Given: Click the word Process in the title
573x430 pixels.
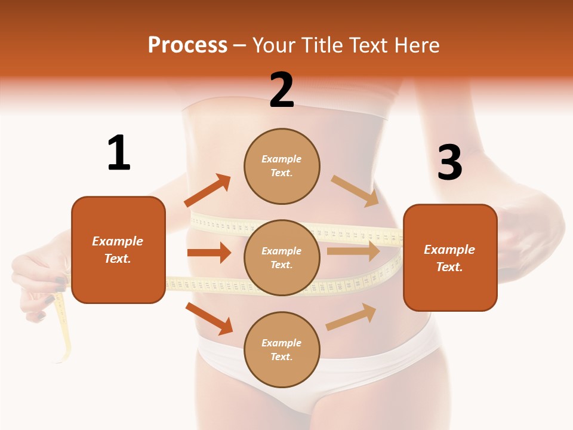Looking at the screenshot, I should click(x=187, y=45).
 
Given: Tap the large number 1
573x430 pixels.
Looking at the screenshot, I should click(x=119, y=153).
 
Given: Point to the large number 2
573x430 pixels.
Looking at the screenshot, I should click(x=282, y=90).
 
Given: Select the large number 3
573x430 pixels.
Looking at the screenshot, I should click(x=449, y=162).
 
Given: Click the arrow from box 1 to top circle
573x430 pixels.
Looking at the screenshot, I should click(x=208, y=191).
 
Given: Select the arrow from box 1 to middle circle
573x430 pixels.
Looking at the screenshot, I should click(x=209, y=253).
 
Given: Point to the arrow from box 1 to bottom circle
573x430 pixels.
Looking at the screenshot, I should click(x=210, y=318).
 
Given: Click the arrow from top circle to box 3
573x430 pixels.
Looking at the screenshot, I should click(x=355, y=191).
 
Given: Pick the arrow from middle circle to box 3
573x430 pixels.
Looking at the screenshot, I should click(x=353, y=251).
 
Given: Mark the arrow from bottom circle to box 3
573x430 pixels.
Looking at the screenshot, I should click(x=351, y=317).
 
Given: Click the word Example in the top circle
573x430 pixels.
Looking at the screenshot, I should click(x=282, y=159).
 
